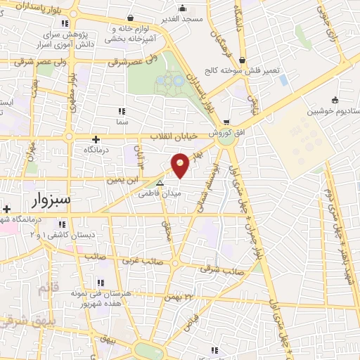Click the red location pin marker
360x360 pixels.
tap(181, 166)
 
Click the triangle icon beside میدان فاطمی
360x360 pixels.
tap(160, 183)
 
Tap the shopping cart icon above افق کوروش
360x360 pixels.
tap(226, 121)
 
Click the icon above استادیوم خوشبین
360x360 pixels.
tap(335, 99)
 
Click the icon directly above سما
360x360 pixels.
tap(122, 111)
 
